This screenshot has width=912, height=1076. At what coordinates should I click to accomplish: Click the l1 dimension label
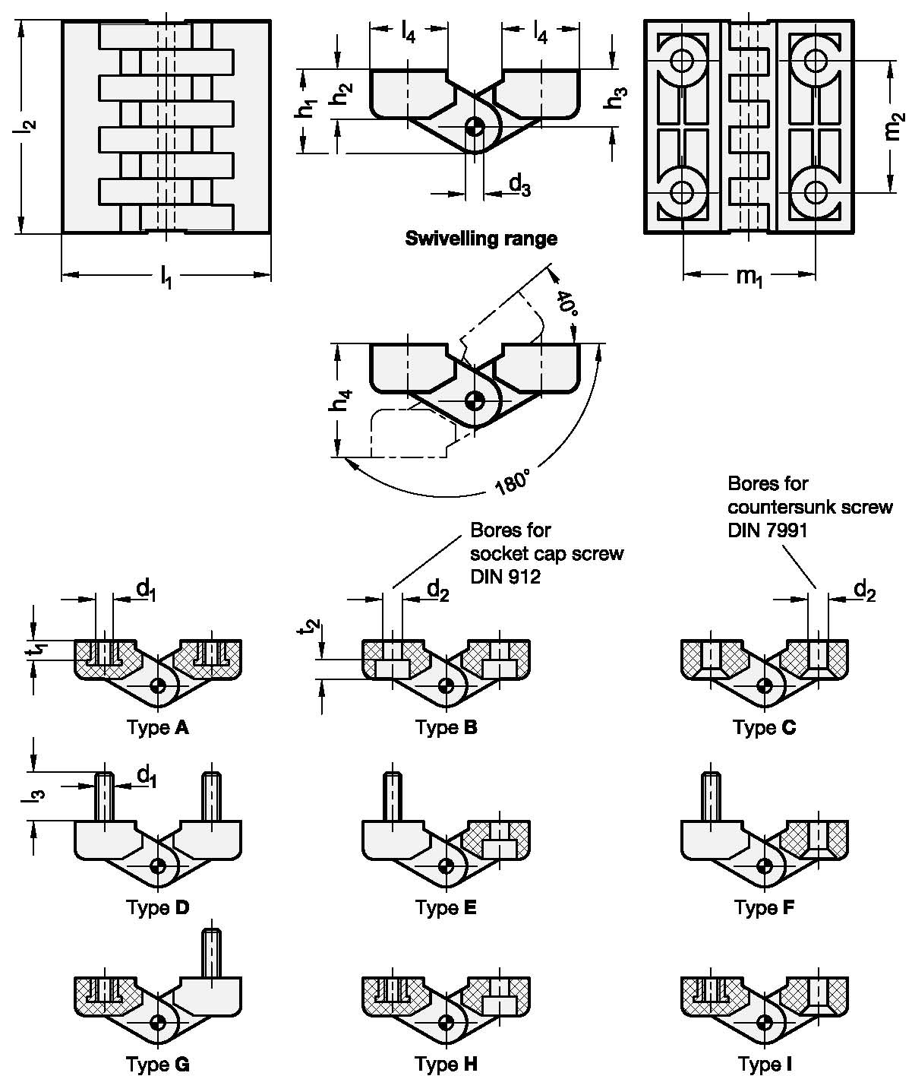166,277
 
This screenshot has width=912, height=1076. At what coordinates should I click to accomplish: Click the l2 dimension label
24,126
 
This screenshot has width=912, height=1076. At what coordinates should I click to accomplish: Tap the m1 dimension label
749,276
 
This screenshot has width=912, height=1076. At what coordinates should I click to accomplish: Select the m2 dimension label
893,126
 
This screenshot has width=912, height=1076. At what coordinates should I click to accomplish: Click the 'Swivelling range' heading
481,239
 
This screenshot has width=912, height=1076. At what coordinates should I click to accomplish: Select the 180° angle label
513,482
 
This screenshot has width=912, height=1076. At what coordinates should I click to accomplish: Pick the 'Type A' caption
158,727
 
